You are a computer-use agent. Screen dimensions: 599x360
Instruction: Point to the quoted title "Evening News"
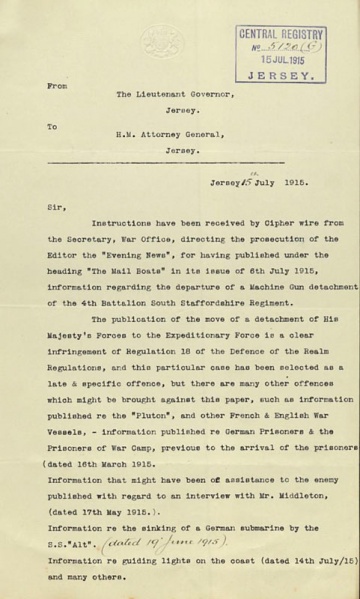tap(123, 240)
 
